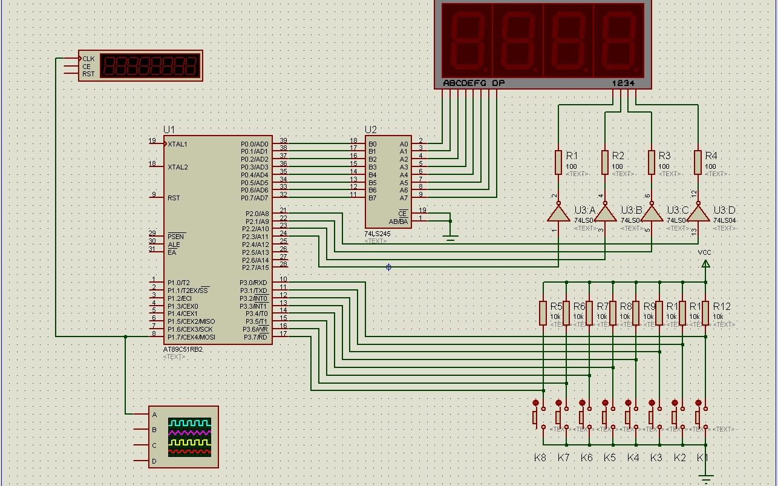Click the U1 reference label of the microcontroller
[x=169, y=130]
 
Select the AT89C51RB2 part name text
[x=183, y=350]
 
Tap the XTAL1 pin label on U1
[x=177, y=144]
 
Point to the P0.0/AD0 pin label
[x=254, y=144]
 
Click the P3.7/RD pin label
[x=255, y=337]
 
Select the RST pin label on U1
[x=174, y=198]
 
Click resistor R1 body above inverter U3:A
[x=558, y=162]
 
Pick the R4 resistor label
[x=711, y=156]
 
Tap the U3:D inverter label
[x=724, y=210]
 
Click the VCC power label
[x=705, y=252]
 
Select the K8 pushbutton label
[x=540, y=458]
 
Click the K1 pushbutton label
[x=702, y=458]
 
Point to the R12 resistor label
[x=721, y=306]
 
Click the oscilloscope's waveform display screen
[x=190, y=437]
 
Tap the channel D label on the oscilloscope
[x=154, y=461]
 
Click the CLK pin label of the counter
[x=88, y=59]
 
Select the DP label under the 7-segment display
[x=498, y=83]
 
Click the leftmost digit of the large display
[x=467, y=40]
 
